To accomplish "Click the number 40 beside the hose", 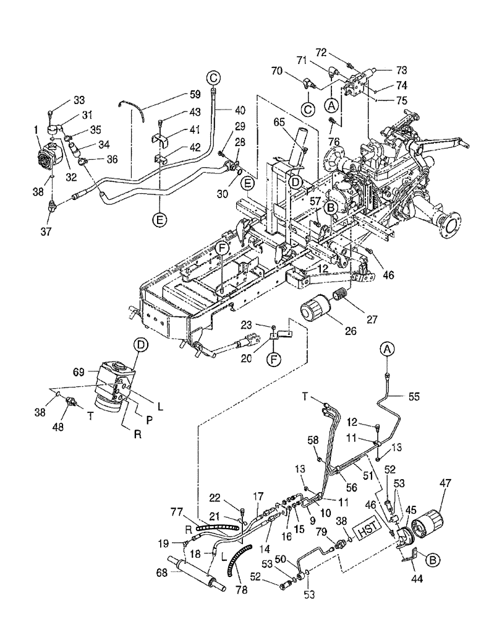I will click(240, 110).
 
